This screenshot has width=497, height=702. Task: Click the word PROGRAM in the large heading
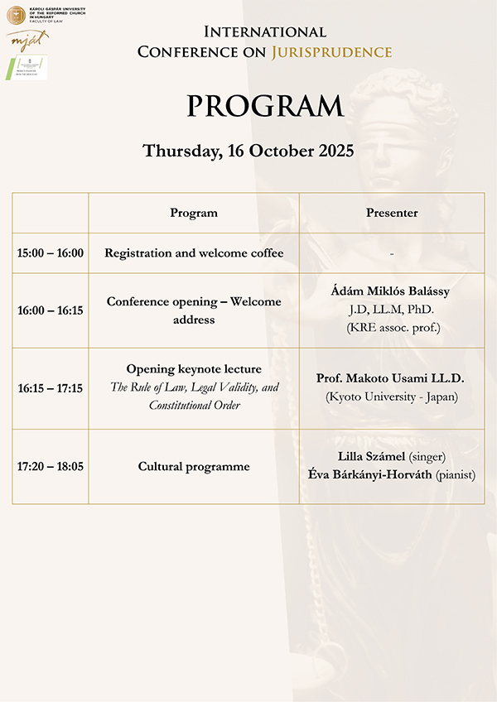point(264,106)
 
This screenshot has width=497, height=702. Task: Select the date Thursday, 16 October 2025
point(248,151)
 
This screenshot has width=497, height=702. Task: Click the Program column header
point(194,213)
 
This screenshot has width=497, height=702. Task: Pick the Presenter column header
point(392,213)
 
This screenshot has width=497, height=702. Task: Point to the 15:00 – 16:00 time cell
point(51,252)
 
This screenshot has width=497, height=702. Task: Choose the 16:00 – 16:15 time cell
point(51,310)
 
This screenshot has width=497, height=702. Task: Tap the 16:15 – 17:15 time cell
point(51,387)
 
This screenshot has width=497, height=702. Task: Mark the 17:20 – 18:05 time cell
point(51,466)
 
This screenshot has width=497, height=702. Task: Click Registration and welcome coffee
point(194,252)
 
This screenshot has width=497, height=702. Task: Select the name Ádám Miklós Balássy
point(392,294)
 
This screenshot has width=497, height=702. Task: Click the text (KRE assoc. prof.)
point(392,327)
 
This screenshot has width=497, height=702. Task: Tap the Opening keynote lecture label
point(194,368)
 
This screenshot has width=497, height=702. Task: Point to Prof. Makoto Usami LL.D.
point(391,378)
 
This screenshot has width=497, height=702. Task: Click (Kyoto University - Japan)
point(392,397)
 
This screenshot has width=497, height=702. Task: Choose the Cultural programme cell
point(194,466)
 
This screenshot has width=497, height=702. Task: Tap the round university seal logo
point(16,14)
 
